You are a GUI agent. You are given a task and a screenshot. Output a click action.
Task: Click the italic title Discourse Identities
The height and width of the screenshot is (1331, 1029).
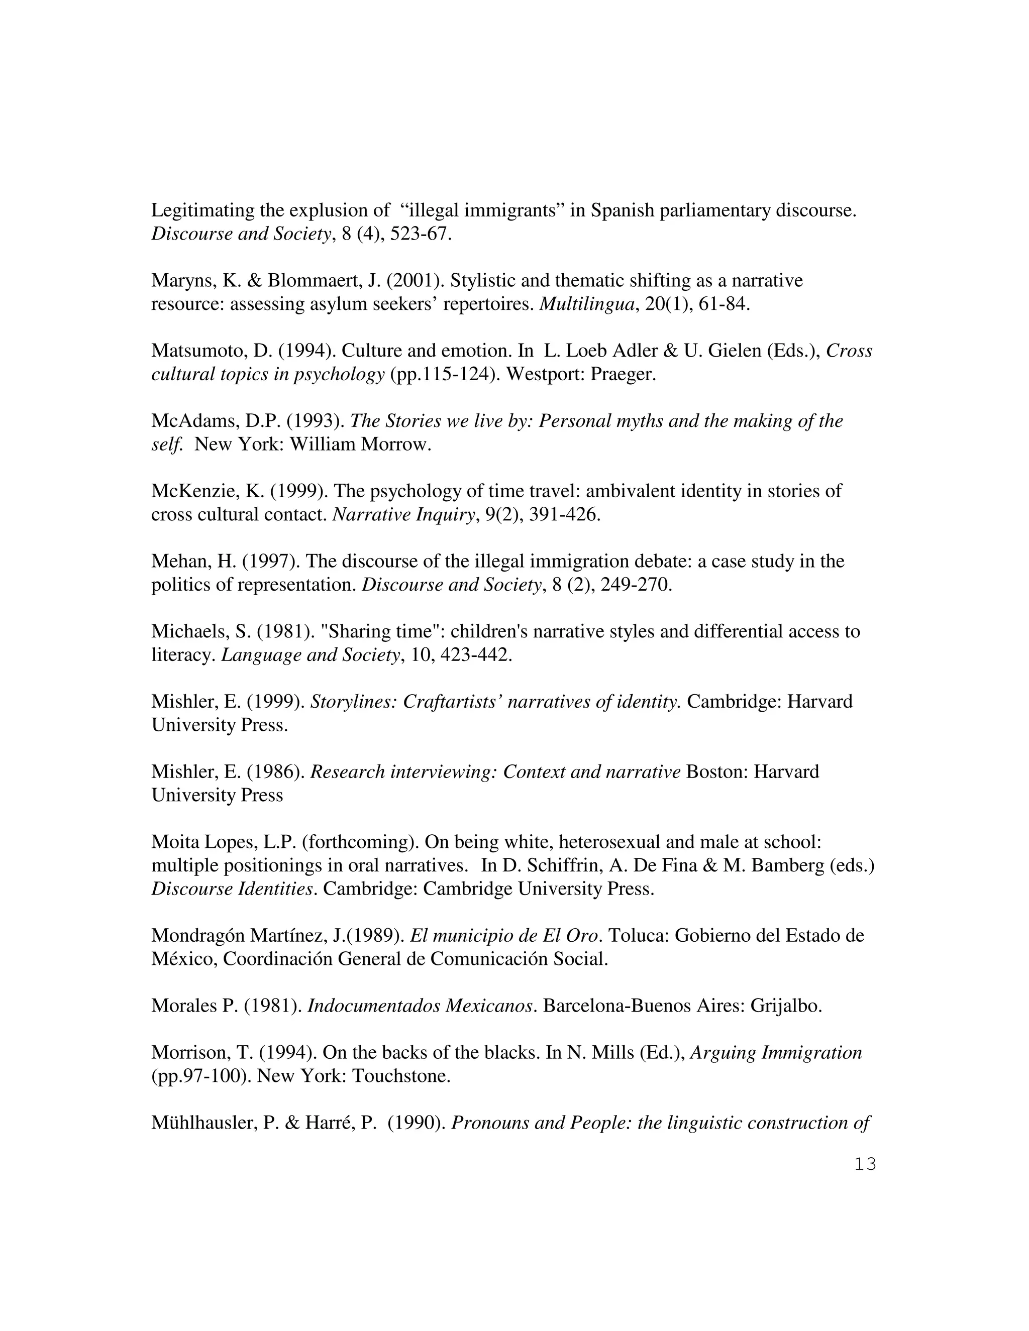point(233,889)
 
